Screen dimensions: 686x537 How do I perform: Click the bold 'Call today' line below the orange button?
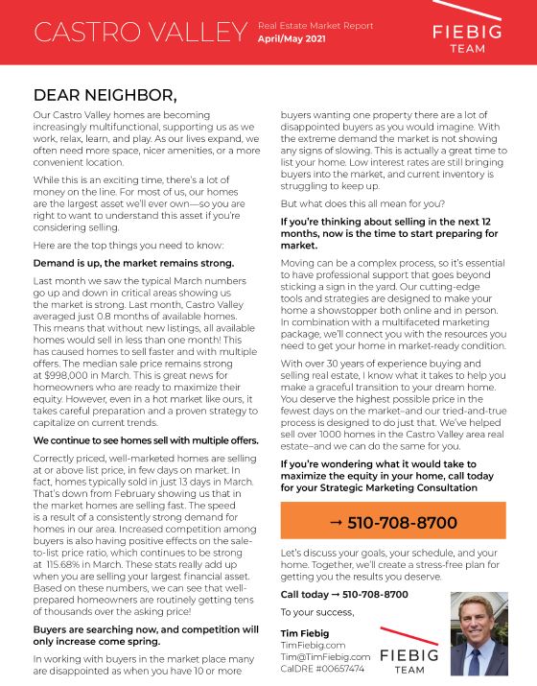tap(331, 594)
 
